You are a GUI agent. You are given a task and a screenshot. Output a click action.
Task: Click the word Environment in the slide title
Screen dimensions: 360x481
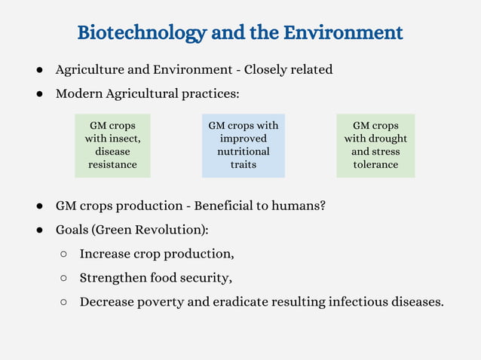click(x=343, y=33)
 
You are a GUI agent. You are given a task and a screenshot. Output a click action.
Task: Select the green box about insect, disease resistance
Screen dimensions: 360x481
click(x=112, y=145)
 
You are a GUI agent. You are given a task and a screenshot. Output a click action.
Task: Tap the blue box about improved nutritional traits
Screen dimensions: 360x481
click(x=243, y=145)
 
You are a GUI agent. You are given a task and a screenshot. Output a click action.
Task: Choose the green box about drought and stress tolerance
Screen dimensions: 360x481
click(x=375, y=145)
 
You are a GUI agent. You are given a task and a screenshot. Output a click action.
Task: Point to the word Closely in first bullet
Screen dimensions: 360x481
click(x=268, y=70)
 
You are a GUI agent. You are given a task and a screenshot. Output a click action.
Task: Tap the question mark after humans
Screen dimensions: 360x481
click(x=322, y=205)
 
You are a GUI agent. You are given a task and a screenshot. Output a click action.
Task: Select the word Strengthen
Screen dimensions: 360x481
click(x=113, y=278)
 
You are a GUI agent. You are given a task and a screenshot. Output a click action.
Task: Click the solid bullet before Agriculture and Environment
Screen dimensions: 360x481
click(x=38, y=70)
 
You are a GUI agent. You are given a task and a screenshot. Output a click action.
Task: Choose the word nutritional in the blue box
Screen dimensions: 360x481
click(x=243, y=151)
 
